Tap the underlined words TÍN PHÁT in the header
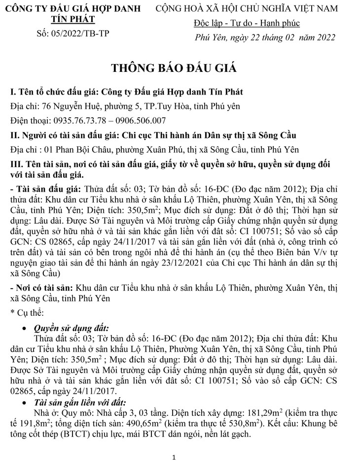click(x=73, y=19)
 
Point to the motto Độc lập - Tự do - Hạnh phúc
click(x=247, y=24)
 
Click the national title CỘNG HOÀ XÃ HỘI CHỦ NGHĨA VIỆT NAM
click(x=247, y=8)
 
